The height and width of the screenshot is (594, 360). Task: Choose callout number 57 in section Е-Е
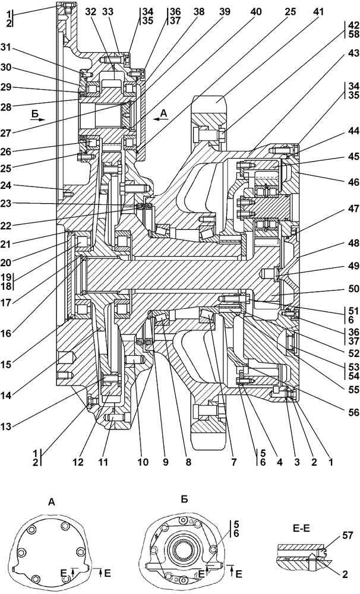[x=349, y=536]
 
